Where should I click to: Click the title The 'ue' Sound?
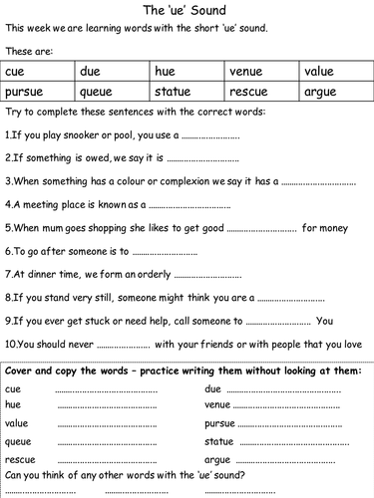tap(187, 11)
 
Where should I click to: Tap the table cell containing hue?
tap(187, 71)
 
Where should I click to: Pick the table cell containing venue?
tap(261, 71)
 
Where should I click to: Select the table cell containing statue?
tap(187, 92)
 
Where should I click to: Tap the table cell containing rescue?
tap(261, 92)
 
